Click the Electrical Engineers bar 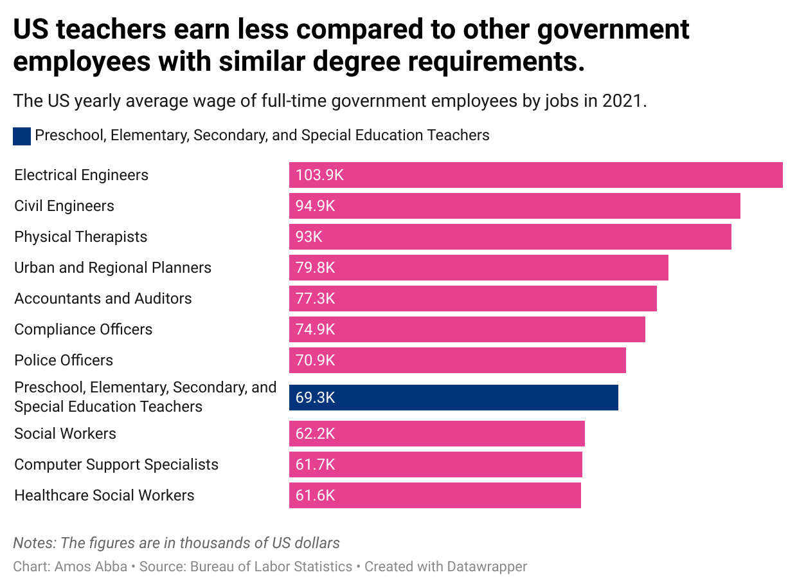tap(535, 175)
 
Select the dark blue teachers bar tap(453, 398)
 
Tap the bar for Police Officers tap(457, 360)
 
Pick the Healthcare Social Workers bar tap(434, 495)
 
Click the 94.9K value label tap(316, 206)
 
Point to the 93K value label tap(309, 237)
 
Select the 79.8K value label tap(316, 268)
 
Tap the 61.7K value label tap(316, 464)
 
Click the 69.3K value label tap(316, 398)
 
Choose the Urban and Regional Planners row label tap(112, 268)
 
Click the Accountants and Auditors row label tap(103, 299)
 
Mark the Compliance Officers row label tap(84, 329)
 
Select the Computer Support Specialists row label tap(116, 464)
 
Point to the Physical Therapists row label tap(81, 237)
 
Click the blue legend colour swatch tap(22, 136)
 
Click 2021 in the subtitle tap(622, 101)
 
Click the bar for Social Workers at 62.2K tap(436, 434)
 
